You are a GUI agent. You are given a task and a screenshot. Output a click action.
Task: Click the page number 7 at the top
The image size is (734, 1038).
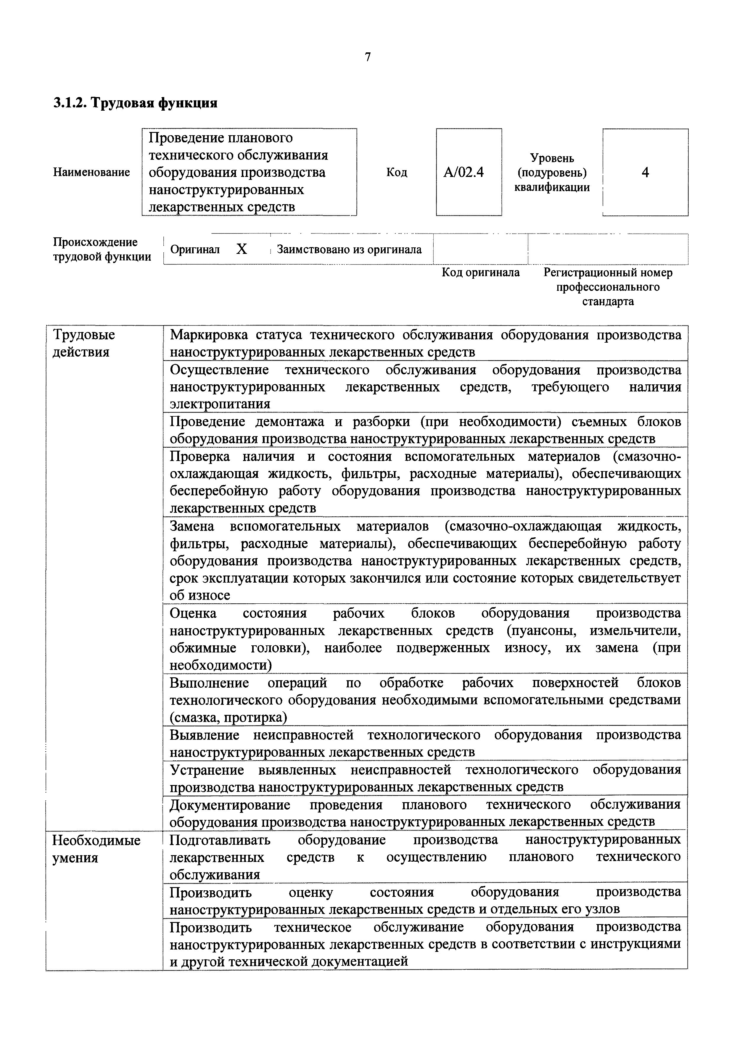click(367, 57)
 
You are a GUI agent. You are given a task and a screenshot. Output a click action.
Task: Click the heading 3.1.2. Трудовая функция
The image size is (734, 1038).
click(135, 103)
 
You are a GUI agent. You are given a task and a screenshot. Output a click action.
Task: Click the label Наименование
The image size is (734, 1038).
click(91, 172)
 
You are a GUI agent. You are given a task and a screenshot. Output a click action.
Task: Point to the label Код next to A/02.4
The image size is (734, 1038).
click(397, 172)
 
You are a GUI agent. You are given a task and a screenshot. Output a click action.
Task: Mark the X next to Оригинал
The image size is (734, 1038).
click(242, 249)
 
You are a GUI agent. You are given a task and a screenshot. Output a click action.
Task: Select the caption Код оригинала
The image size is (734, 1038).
click(480, 273)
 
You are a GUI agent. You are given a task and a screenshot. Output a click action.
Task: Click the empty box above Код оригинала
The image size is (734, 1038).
click(480, 249)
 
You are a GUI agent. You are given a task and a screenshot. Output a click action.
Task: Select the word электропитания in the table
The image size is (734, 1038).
click(220, 404)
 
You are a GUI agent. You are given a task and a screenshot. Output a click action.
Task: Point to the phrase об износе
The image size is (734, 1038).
click(199, 595)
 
